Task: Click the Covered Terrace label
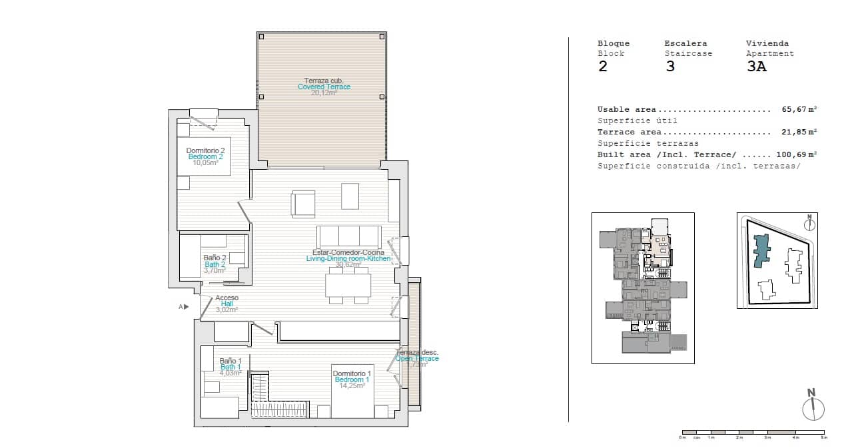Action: pos(324,87)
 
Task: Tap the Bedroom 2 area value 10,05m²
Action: pos(206,162)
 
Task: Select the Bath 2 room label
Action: pos(215,264)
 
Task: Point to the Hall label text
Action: pos(226,304)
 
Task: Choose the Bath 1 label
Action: pos(230,367)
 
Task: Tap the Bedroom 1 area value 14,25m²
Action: pos(352,385)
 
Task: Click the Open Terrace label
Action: pos(417,358)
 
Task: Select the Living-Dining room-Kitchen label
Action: pos(348,258)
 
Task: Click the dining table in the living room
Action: pos(348,286)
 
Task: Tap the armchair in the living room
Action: pos(303,204)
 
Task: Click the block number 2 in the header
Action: pos(603,67)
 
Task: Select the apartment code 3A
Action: pos(756,67)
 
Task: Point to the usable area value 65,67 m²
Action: pos(799,109)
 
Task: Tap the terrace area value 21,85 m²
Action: pos(799,132)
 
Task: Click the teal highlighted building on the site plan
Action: pos(761,252)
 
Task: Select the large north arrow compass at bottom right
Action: pos(813,407)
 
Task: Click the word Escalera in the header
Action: pos(685,43)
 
